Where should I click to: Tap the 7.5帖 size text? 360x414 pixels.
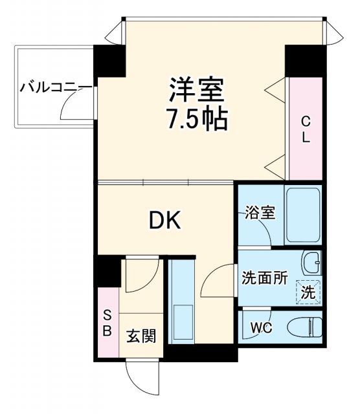[x=197, y=118]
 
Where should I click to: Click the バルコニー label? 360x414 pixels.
[x=47, y=86]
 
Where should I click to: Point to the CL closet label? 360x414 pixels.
[x=306, y=128]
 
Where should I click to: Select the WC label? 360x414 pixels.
[x=262, y=327]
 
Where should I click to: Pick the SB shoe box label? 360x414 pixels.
[x=107, y=324]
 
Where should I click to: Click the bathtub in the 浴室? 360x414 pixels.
[x=304, y=215]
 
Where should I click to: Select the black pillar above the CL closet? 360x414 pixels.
[x=304, y=60]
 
